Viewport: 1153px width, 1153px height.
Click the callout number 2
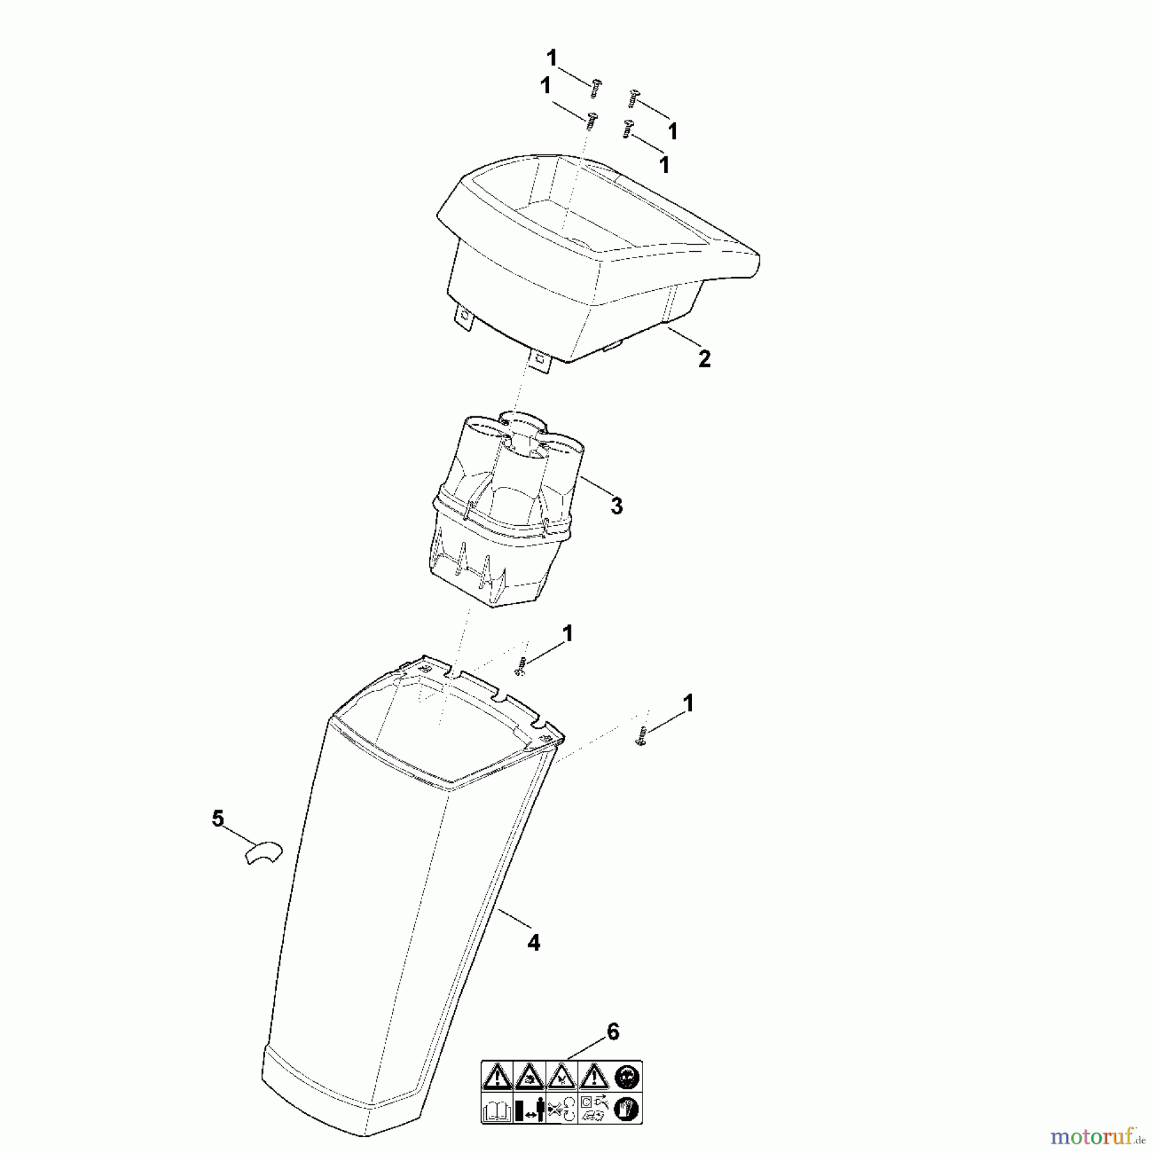pos(704,359)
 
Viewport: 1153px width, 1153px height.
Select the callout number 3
pos(616,506)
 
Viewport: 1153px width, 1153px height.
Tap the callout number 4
pos(534,942)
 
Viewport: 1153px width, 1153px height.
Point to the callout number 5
pos(218,819)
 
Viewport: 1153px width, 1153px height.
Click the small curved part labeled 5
pos(263,852)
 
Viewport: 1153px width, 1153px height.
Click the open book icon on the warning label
pos(497,1109)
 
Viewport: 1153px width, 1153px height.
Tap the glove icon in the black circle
pos(626,1109)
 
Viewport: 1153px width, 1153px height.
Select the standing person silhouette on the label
pos(538,1109)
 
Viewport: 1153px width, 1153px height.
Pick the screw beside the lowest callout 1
pos(642,737)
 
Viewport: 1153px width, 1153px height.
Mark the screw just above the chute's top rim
pos(521,666)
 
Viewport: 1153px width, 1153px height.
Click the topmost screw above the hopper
pos(596,88)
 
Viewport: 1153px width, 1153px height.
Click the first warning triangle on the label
pos(498,1077)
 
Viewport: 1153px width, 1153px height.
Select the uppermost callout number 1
pos(552,58)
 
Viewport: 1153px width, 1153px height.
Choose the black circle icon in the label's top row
pos(626,1077)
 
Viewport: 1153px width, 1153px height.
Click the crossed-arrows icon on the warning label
pos(562,1109)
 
